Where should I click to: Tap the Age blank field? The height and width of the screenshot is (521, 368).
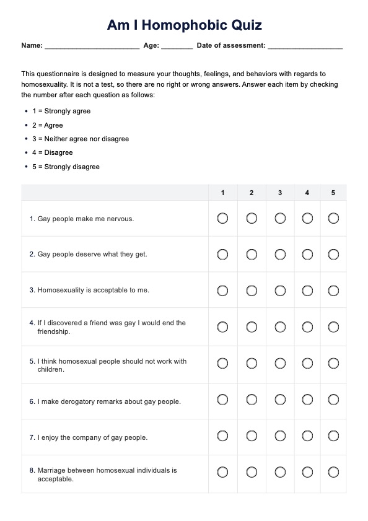point(178,46)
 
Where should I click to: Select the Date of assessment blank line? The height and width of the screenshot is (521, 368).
point(305,46)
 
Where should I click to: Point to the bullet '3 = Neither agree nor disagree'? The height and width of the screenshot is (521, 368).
point(81,139)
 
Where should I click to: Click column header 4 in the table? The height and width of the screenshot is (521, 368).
point(307,193)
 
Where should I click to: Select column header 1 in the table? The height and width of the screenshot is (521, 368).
point(223,193)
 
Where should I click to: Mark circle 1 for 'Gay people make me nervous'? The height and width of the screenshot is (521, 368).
point(223,218)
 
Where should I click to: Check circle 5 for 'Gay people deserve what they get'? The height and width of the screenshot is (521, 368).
point(333,254)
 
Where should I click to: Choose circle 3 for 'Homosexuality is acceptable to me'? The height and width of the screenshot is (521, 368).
point(280,290)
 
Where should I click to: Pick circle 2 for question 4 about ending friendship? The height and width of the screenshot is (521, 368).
point(252,326)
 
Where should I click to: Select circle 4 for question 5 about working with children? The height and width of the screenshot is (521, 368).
point(307,365)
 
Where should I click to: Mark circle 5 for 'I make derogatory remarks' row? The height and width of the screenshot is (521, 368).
point(333,401)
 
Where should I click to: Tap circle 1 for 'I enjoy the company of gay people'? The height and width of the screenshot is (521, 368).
point(223,437)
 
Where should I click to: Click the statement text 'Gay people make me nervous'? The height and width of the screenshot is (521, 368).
point(85,219)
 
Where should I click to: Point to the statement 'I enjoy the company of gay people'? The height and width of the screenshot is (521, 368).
point(92,437)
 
